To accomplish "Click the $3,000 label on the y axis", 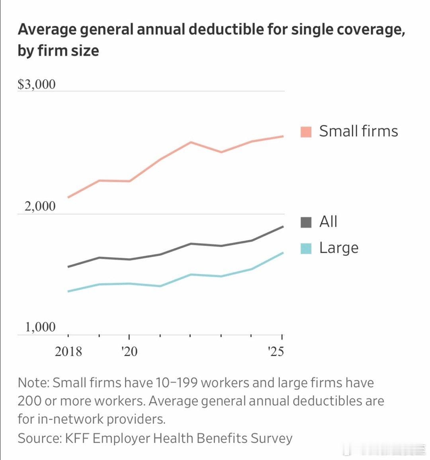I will [x=37, y=84].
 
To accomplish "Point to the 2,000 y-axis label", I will [x=40, y=206].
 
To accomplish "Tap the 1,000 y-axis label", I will [x=41, y=327].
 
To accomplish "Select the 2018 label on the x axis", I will [x=68, y=351].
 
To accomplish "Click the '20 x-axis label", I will [x=129, y=351].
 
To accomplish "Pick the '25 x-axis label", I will [x=276, y=351].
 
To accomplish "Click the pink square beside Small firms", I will [x=306, y=132].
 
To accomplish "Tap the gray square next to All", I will [x=306, y=222].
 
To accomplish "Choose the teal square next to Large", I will [x=306, y=249].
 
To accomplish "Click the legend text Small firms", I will [x=358, y=131].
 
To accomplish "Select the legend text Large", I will [x=339, y=248].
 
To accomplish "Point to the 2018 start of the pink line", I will [x=68, y=197].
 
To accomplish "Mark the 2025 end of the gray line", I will [x=283, y=227].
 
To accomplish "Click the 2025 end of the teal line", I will [x=283, y=253].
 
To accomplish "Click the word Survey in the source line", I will [x=271, y=438].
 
